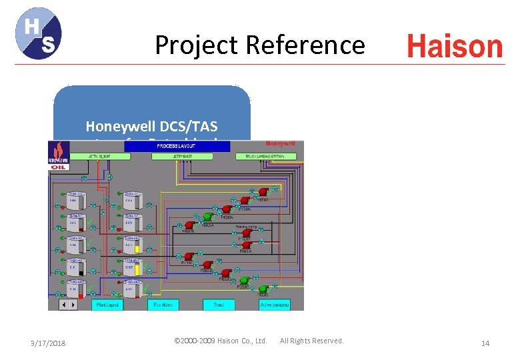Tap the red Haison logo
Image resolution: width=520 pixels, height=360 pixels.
click(x=455, y=47)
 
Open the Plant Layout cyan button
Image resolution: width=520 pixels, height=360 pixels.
click(x=108, y=304)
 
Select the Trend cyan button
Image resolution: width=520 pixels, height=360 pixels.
click(x=219, y=304)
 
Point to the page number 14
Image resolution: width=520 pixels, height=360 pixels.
click(x=485, y=343)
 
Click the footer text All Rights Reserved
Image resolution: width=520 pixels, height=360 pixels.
click(x=312, y=341)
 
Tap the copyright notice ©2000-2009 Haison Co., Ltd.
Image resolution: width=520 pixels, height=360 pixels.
click(x=220, y=341)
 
